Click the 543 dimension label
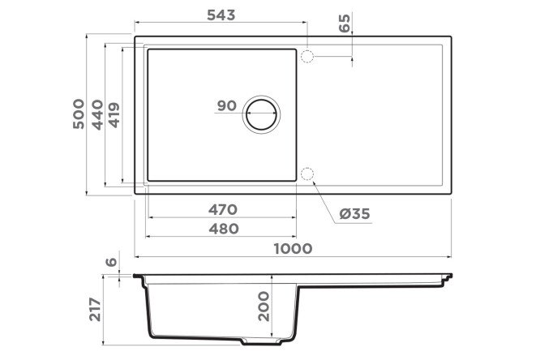click(221, 15)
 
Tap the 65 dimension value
click(345, 23)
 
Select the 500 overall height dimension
click(79, 114)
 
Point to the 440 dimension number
click(97, 115)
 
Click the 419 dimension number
click(114, 115)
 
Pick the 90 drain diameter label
click(227, 105)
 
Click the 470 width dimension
click(223, 209)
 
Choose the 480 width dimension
click(224, 229)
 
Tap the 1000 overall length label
click(293, 248)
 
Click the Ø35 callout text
click(354, 214)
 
